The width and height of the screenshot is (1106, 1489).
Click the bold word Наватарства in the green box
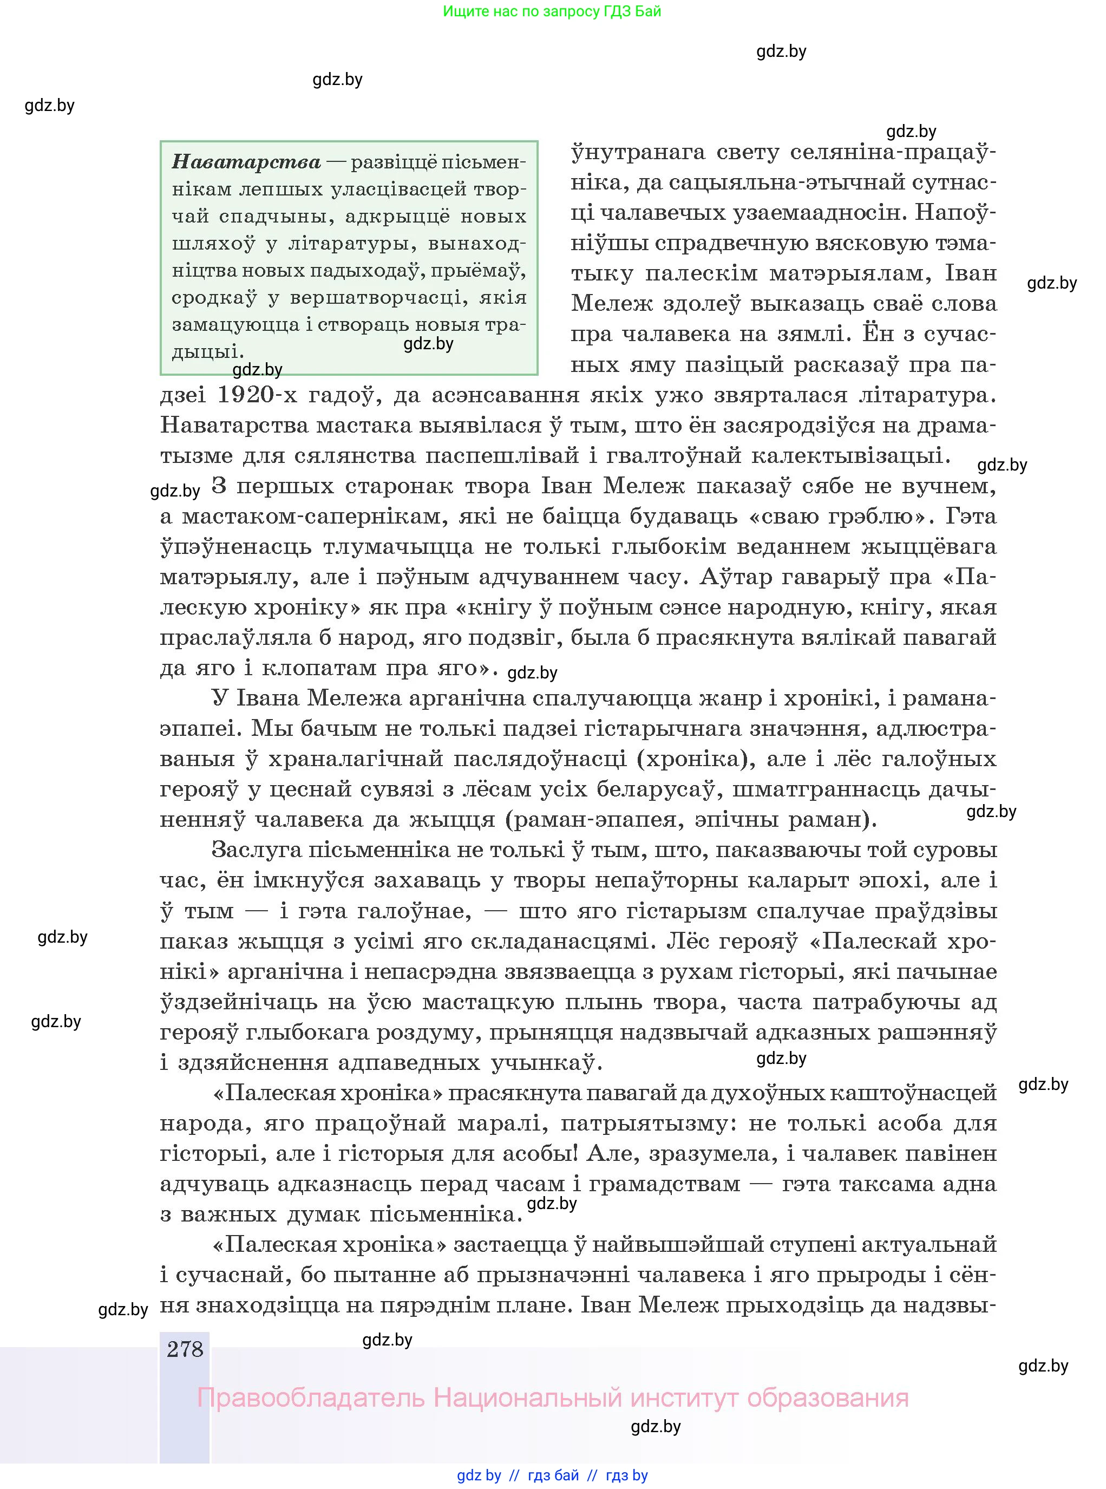coord(246,162)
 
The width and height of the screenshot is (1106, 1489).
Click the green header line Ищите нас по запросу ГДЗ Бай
coord(552,11)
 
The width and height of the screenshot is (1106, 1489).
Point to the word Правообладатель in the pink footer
coord(311,1398)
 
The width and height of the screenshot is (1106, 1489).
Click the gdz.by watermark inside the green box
coord(428,344)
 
